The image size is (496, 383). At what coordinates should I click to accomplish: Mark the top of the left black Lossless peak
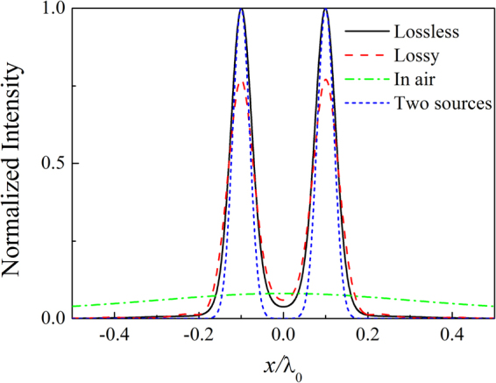[242, 10]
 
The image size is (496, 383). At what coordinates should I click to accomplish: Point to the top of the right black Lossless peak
[326, 10]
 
